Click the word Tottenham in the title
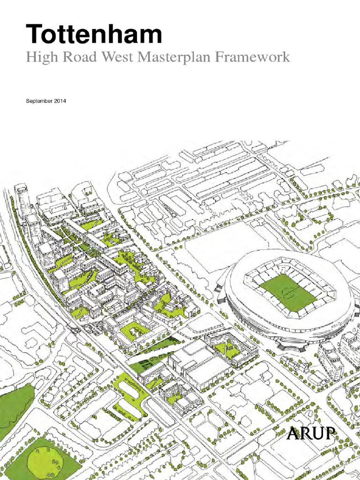click(x=94, y=35)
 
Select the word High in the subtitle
click(x=38, y=58)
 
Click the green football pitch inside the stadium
click(x=286, y=292)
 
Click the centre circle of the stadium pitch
click(x=287, y=293)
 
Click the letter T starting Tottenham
click(x=34, y=35)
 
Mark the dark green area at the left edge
click(x=14, y=408)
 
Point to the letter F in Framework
click(x=219, y=58)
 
